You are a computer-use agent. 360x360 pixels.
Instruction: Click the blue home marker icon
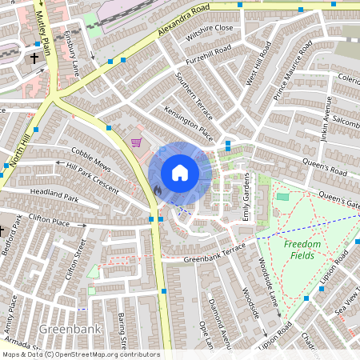tap(180, 172)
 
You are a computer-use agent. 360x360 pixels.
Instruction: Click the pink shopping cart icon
tap(137, 142)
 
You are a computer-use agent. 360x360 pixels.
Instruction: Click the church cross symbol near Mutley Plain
tap(34, 58)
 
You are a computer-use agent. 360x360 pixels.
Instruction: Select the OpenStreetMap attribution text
tap(81, 354)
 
